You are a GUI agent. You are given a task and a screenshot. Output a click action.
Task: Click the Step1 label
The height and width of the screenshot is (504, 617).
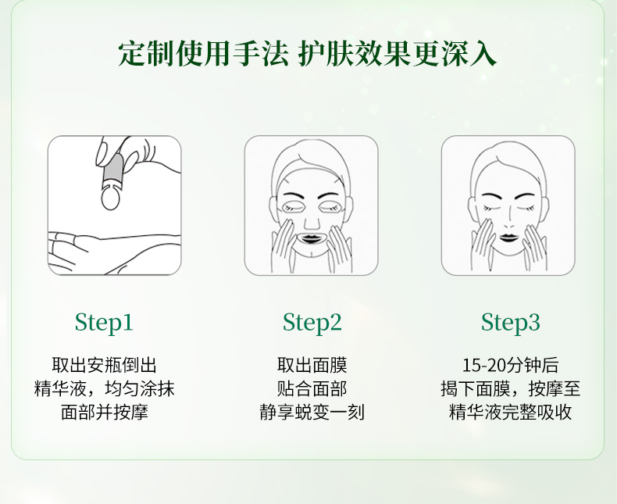click(104, 323)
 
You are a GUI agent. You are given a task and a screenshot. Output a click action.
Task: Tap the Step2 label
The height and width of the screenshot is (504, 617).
click(312, 323)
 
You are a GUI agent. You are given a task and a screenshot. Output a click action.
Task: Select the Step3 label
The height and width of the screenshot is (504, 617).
click(510, 323)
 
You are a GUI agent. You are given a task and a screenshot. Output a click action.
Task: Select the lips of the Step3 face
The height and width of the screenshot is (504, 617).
click(508, 237)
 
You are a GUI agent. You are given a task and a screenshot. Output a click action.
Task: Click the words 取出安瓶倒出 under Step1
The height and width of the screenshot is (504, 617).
click(105, 365)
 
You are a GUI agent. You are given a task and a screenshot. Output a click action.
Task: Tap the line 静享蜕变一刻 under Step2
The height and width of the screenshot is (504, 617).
click(312, 412)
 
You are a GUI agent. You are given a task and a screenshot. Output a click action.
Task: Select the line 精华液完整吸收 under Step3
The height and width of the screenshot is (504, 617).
click(510, 412)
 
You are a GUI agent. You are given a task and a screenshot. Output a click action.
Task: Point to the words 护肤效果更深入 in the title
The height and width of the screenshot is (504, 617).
click(397, 54)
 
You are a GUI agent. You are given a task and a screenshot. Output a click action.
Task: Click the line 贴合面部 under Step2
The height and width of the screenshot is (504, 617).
click(312, 388)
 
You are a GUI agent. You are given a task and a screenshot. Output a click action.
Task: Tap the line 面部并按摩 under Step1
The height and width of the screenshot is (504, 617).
click(105, 412)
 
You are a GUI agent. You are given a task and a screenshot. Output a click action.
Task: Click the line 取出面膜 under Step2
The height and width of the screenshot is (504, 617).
click(312, 365)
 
